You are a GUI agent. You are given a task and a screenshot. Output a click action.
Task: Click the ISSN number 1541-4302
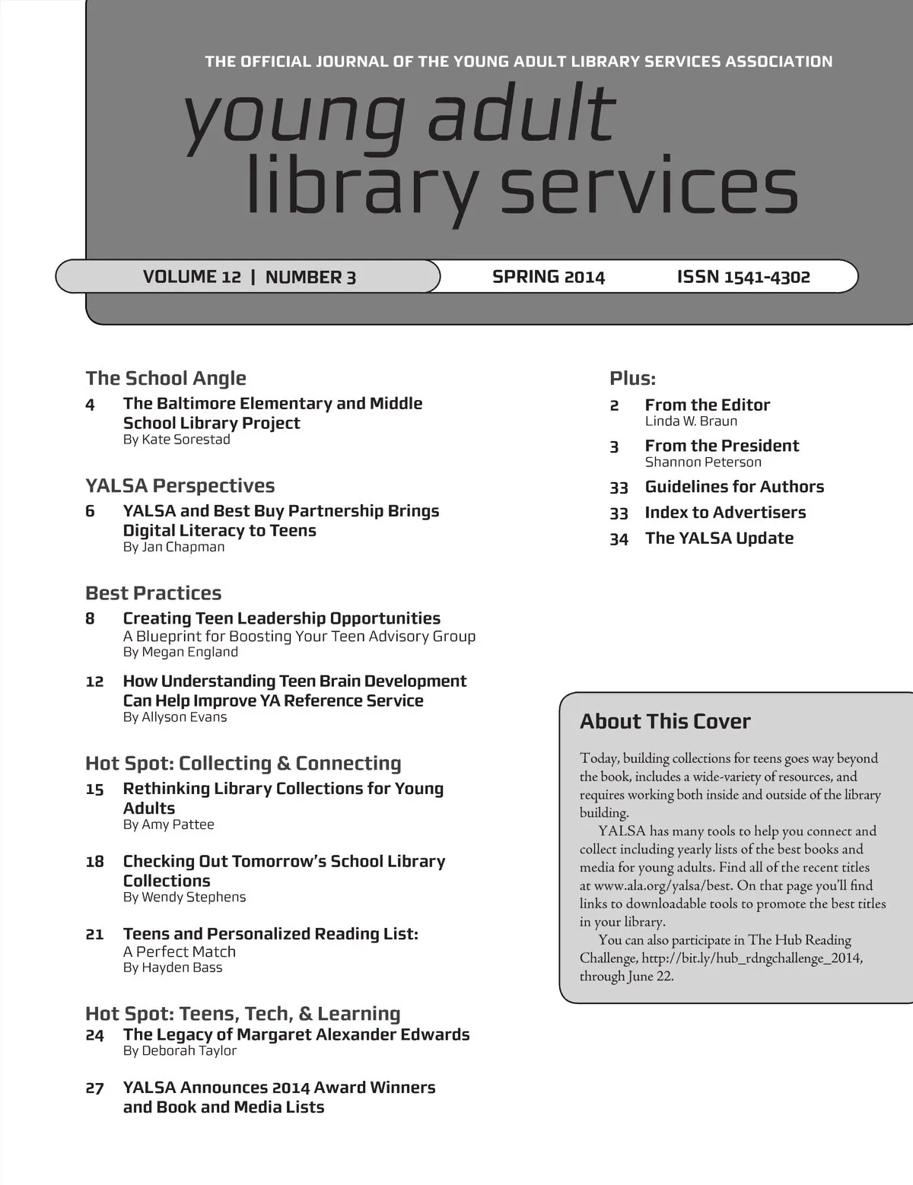tap(767, 278)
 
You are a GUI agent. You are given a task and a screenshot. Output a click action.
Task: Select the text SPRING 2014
tap(548, 277)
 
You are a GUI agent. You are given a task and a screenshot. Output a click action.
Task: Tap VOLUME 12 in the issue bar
tap(192, 277)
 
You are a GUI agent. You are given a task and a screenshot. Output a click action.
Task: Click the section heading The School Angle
tap(166, 378)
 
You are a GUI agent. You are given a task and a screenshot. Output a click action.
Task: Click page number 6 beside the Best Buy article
tap(90, 511)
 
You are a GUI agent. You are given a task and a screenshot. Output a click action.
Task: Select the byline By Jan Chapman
tap(173, 547)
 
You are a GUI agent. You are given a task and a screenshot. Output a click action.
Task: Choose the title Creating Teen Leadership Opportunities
tap(282, 618)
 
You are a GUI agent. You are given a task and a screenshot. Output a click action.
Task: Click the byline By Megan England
tap(180, 652)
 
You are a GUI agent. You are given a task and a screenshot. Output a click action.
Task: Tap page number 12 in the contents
tap(94, 681)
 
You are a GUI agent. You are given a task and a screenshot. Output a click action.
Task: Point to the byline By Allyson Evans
tap(175, 716)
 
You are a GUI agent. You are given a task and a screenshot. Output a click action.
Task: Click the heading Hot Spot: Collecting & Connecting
tap(243, 763)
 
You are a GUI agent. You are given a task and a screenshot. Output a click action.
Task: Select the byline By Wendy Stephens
tap(184, 897)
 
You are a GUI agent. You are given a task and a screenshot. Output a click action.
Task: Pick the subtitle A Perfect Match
tap(180, 951)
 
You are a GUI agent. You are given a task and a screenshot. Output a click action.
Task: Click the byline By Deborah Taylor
tap(180, 1050)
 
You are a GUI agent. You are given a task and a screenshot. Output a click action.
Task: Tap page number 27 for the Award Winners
tap(94, 1088)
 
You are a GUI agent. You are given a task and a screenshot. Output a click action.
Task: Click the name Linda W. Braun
tap(691, 421)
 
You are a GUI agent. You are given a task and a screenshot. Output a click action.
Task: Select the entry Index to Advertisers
tap(725, 513)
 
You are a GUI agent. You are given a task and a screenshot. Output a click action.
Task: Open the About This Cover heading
tap(665, 722)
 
